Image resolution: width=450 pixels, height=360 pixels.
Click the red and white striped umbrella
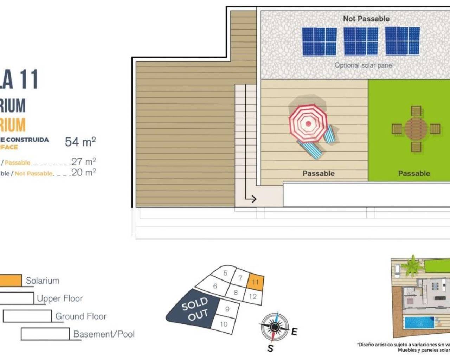308,123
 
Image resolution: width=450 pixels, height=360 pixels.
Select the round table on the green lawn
416,129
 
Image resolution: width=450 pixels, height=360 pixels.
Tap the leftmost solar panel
319,41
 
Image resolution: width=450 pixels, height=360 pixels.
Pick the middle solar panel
361,41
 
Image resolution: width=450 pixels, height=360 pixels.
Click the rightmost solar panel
402,41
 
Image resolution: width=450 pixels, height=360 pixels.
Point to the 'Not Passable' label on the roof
366,19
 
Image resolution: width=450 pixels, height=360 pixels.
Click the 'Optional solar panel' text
364,65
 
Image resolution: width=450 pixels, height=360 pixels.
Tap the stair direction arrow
251,199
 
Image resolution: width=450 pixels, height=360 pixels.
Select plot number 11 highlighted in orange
255,282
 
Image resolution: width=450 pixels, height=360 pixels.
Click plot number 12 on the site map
253,296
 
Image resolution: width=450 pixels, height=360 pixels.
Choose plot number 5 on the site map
225,273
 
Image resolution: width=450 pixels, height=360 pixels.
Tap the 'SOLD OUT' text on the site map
195,309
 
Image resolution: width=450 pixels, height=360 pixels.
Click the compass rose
275,327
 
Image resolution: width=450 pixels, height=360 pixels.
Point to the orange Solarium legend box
11,280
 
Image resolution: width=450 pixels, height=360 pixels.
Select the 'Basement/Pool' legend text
104,334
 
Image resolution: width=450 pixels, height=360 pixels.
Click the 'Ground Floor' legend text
81,316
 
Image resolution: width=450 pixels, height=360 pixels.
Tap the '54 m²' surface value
80,142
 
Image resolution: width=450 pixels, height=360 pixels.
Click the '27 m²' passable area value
83,161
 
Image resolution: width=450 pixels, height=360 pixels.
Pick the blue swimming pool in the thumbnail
419,322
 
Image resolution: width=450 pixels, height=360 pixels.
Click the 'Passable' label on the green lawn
414,173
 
